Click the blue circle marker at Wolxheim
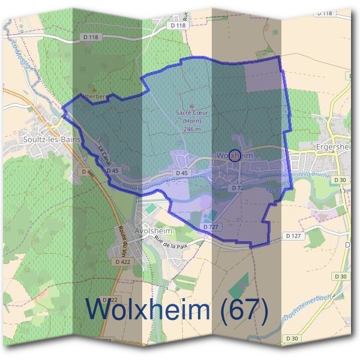(235, 155)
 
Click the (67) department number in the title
(243, 310)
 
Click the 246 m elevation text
(191, 129)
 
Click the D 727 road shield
(210, 227)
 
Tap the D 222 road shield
(109, 299)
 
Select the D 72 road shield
(238, 188)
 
